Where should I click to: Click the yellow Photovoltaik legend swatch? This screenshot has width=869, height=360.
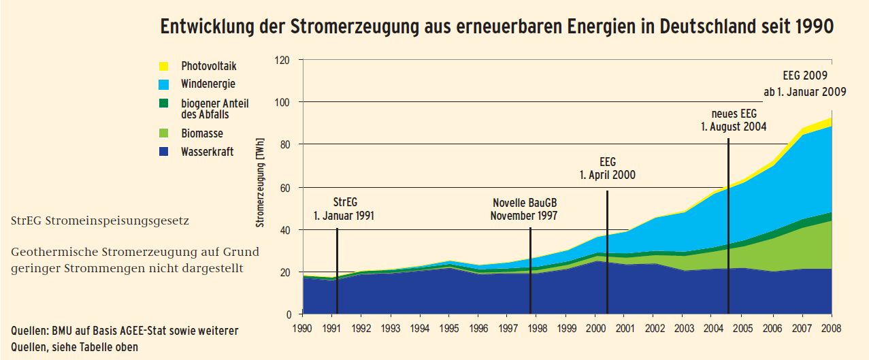coord(163,66)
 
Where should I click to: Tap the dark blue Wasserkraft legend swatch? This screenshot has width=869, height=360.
coord(163,152)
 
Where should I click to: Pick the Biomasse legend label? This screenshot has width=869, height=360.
coord(202,133)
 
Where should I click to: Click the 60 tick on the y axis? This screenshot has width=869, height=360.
coord(286,187)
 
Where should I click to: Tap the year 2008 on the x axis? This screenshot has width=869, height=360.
coord(832,328)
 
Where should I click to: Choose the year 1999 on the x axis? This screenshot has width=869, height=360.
coord(567,328)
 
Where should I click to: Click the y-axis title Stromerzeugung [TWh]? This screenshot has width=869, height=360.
coord(260,182)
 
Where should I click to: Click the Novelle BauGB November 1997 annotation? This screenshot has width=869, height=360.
coord(525,210)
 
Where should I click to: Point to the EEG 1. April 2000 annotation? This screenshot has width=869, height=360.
coord(607,168)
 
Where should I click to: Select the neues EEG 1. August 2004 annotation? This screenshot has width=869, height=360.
coord(734,120)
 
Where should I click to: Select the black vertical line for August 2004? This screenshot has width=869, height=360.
coord(729,225)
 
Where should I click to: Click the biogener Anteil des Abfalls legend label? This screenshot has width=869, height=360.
coord(214,109)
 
